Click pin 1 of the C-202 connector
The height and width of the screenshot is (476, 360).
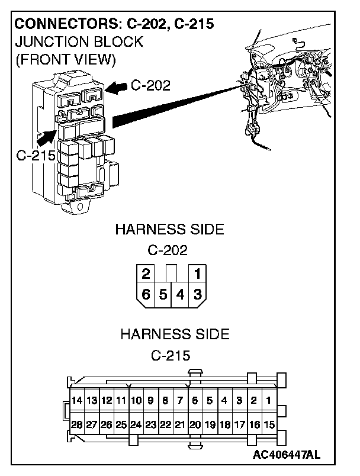click(x=198, y=274)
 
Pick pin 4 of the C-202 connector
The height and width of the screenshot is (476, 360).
click(x=180, y=294)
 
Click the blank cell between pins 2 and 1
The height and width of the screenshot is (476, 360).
click(x=172, y=274)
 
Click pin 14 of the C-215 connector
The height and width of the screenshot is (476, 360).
click(x=76, y=401)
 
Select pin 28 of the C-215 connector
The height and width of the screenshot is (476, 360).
click(x=76, y=424)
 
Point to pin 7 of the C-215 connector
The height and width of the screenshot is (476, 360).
click(x=180, y=401)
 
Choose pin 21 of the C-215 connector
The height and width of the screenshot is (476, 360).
click(x=180, y=424)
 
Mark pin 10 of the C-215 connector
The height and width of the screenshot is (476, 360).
click(x=136, y=401)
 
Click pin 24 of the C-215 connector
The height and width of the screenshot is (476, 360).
click(x=136, y=424)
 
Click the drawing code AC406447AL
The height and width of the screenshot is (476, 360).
click(x=287, y=455)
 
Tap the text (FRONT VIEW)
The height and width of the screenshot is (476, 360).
click(x=65, y=60)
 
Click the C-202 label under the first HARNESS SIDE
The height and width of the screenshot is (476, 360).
click(x=168, y=250)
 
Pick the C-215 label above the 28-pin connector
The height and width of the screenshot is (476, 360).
click(x=171, y=356)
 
